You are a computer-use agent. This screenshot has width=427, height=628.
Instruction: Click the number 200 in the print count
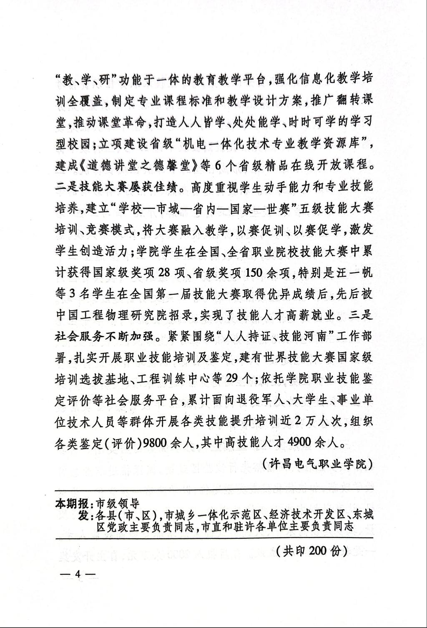pos(319,551)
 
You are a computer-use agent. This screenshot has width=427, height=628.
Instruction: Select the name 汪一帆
pos(356,273)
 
